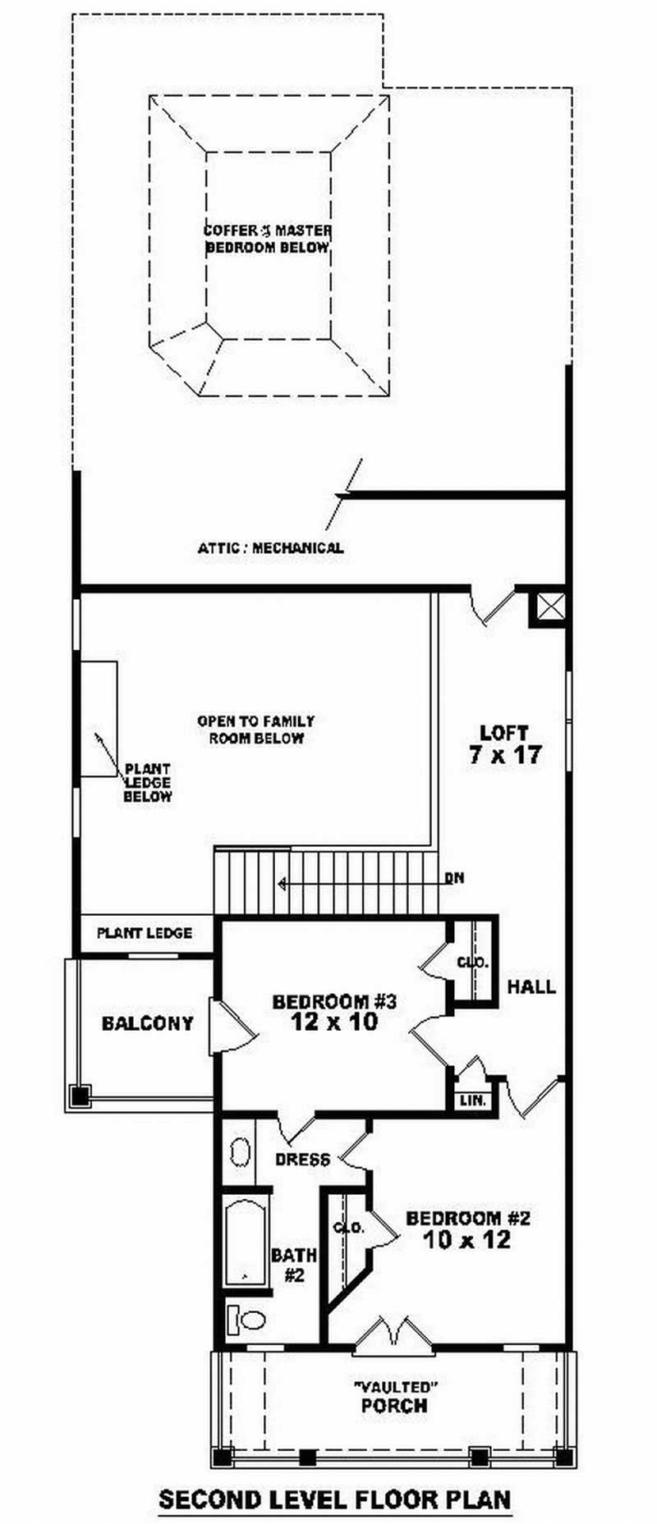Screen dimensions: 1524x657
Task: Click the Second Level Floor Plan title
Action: pos(334,1499)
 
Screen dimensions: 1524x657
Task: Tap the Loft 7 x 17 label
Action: pos(504,744)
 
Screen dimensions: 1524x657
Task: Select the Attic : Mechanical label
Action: pos(270,547)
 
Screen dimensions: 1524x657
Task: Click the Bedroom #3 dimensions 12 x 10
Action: pos(333,1022)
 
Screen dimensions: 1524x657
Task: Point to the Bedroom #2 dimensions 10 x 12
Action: pos(467,1239)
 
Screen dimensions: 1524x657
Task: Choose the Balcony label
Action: pos(147,1023)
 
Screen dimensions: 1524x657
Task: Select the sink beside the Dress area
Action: pos(240,1151)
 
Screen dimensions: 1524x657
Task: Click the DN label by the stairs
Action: pos(454,878)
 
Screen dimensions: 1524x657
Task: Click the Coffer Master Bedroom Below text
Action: pos(268,239)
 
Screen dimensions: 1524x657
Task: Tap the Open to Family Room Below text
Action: pos(255,729)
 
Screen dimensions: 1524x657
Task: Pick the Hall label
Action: pos(531,986)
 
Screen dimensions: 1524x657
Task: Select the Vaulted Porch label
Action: pos(394,1396)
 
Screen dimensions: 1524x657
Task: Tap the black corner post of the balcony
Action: pos(79,1095)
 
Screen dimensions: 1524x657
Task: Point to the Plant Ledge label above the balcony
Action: pos(145,933)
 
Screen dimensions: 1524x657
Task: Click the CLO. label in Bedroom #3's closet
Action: pos(473,962)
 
